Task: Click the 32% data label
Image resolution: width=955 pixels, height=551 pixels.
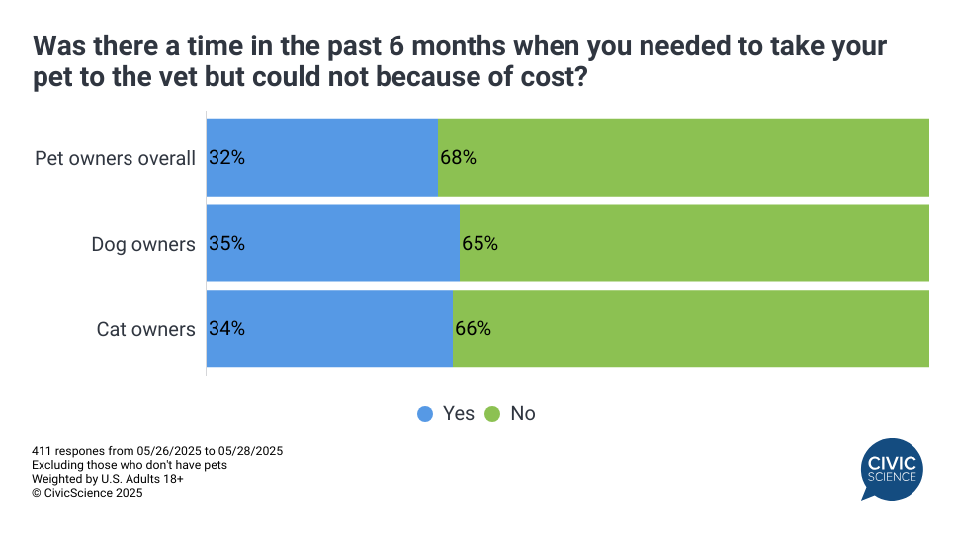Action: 226,157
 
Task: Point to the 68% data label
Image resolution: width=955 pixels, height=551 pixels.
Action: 459,157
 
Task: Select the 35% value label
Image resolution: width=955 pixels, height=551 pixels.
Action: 226,243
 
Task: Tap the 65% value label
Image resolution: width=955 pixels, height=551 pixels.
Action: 479,243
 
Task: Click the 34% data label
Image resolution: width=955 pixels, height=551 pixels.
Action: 226,329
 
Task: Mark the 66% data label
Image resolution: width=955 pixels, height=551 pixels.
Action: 473,329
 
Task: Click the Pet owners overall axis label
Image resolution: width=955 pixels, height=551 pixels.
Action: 115,158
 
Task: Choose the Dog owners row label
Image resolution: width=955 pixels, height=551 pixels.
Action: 143,244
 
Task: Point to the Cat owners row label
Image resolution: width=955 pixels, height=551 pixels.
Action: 145,330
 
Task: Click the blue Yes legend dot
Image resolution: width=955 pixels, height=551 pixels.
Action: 425,414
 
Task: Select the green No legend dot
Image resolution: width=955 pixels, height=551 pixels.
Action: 492,414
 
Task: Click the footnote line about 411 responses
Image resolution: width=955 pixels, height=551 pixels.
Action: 157,451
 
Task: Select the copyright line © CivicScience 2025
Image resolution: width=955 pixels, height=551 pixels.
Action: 87,493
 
